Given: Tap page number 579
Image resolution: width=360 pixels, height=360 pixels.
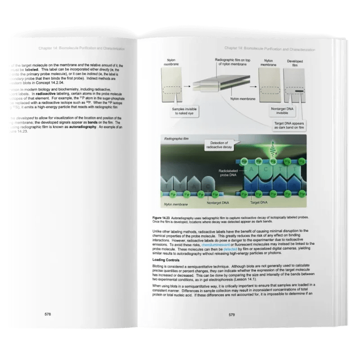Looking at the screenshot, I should click(x=233, y=315).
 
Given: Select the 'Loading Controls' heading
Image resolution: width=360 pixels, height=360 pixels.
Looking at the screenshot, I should click(x=166, y=260).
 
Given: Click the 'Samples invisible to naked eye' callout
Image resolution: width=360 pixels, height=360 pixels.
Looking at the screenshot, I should click(x=180, y=112).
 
